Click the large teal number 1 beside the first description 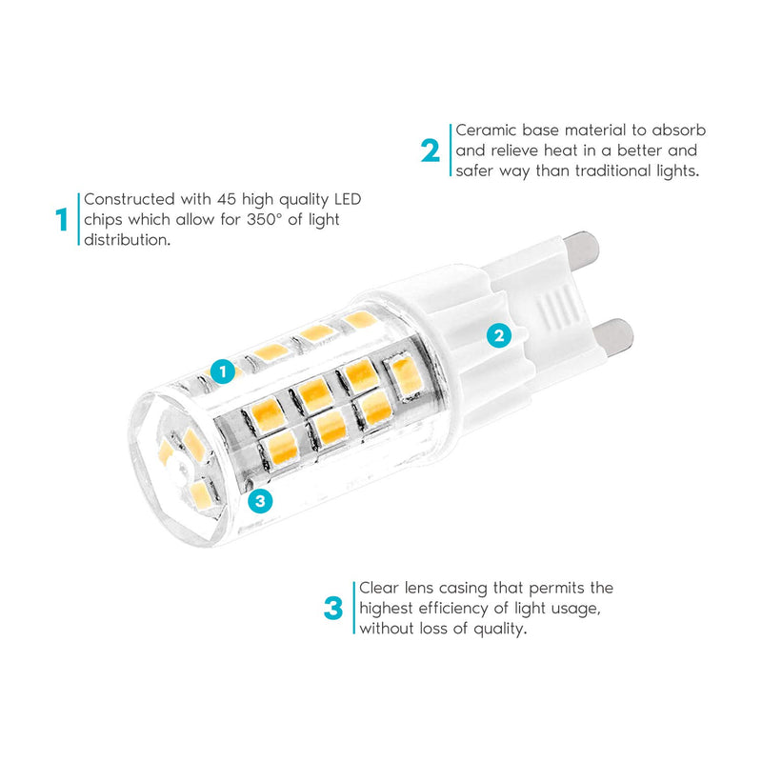(x=62, y=220)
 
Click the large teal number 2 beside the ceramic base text (x=431, y=150)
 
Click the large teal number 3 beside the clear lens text (x=333, y=609)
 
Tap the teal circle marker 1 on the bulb (x=223, y=371)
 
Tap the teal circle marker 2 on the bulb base (x=499, y=335)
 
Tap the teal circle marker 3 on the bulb (x=260, y=501)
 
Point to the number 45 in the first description (x=227, y=199)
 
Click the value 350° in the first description (x=264, y=220)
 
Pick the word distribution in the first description (x=128, y=240)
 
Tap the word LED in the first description (x=348, y=199)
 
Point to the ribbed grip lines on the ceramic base (x=559, y=305)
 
